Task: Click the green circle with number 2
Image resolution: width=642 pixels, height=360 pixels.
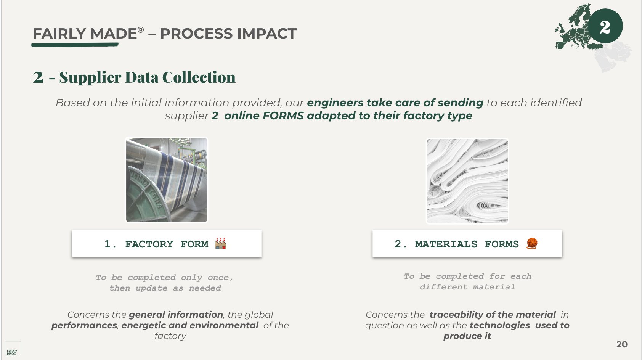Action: click(x=605, y=26)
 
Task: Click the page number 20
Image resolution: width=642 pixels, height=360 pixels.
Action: click(x=622, y=344)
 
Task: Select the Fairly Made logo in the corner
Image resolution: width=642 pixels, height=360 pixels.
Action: click(x=13, y=349)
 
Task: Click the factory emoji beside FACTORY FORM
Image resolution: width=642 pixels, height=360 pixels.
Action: click(x=221, y=243)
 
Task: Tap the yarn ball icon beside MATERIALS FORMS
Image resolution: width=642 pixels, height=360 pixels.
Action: click(x=532, y=243)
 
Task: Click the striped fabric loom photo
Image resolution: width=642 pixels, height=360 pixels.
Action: click(x=167, y=180)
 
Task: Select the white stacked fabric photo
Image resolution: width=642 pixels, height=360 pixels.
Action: click(x=467, y=181)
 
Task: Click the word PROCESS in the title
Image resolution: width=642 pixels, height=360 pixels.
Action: click(x=196, y=34)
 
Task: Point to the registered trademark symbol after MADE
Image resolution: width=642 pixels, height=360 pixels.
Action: click(x=140, y=29)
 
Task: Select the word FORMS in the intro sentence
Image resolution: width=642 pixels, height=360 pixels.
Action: click(x=283, y=116)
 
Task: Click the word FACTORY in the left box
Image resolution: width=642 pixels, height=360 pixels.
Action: click(x=149, y=244)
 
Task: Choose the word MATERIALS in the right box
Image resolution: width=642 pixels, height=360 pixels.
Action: click(x=446, y=244)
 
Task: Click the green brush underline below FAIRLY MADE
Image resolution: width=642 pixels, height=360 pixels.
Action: click(x=75, y=45)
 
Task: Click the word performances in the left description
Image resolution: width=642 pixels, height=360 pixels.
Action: click(x=84, y=326)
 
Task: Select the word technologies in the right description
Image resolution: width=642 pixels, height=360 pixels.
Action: click(x=500, y=326)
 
